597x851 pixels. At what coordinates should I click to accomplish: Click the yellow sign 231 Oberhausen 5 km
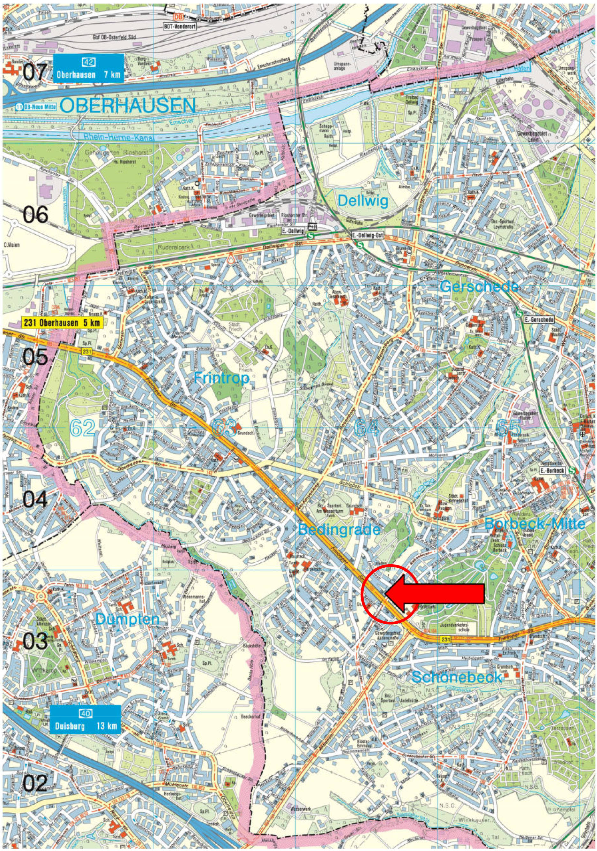click(62, 323)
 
